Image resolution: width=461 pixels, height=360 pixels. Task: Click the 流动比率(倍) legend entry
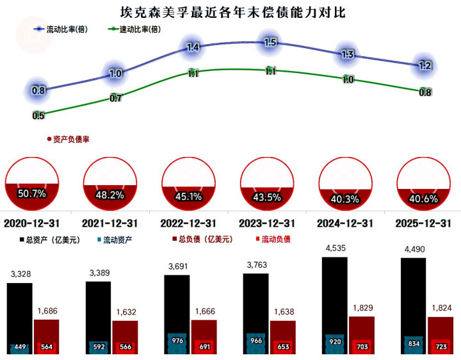tap(67, 29)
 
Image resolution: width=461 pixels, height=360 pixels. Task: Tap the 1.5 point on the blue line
tap(270, 42)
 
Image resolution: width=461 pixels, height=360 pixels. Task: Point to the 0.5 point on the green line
tap(38, 115)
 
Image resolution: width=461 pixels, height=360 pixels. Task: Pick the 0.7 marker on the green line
tap(116, 98)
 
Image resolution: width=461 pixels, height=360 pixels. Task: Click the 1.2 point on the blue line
tap(425, 65)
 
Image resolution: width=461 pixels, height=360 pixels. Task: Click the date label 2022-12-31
tap(188, 224)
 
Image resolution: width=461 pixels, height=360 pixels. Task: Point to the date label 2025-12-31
tap(425, 224)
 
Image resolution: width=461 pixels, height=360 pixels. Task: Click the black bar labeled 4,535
tap(335, 304)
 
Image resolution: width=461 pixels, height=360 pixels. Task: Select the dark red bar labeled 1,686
tap(46, 336)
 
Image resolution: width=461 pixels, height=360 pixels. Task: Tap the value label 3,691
tap(177, 266)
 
